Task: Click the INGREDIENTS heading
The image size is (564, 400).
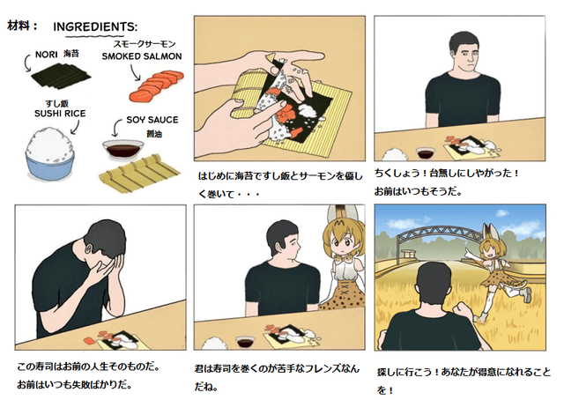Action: click(x=95, y=26)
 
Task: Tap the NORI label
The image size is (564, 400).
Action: click(x=47, y=55)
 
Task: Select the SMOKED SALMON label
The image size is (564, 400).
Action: click(x=142, y=56)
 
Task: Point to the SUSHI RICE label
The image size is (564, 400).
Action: click(x=60, y=114)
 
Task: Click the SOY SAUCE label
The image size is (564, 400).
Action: click(x=152, y=120)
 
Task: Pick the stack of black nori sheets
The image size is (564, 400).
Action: click(x=61, y=75)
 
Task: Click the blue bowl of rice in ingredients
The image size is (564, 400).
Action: click(x=50, y=154)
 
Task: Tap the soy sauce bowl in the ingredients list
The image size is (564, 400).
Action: click(x=123, y=151)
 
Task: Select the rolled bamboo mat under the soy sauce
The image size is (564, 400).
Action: click(x=139, y=173)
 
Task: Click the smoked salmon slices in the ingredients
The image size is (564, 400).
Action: click(x=157, y=85)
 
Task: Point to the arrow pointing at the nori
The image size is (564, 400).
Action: click(x=27, y=63)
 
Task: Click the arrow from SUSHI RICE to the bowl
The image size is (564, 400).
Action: click(x=76, y=128)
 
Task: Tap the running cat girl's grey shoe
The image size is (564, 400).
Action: click(x=526, y=294)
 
